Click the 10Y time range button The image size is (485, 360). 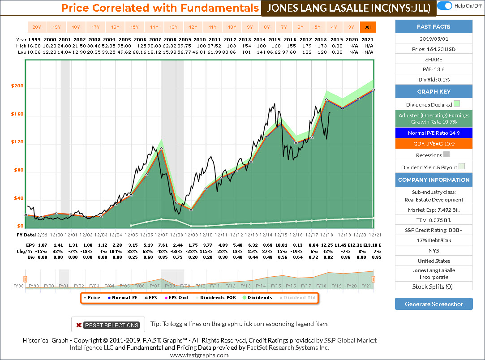[x=232, y=27]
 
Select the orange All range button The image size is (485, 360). [x=368, y=27]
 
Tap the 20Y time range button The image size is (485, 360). [x=37, y=27]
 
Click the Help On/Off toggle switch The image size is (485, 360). [x=444, y=6]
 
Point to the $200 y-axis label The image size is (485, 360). [x=17, y=86]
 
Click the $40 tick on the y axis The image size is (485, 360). [x=17, y=198]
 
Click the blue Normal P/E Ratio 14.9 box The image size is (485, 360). [x=433, y=133]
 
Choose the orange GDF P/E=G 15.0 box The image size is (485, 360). [x=433, y=144]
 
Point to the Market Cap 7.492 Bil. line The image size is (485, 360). [x=433, y=210]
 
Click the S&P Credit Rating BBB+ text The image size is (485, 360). [x=433, y=230]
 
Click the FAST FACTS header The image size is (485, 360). [x=433, y=26]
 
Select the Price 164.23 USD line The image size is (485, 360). [x=433, y=49]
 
